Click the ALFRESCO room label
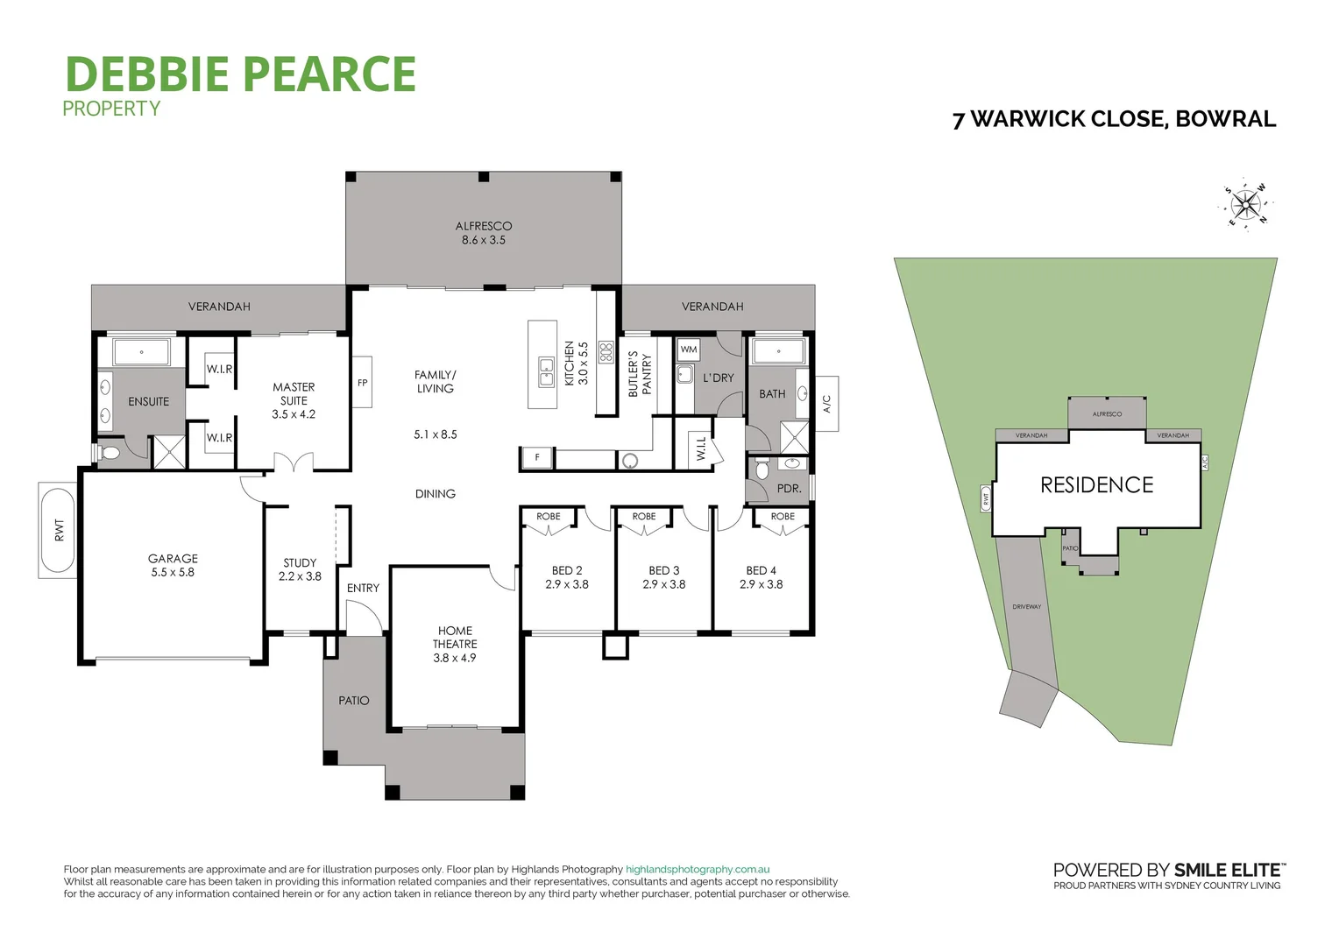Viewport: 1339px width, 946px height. tap(483, 232)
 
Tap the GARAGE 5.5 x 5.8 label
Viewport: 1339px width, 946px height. tap(173, 565)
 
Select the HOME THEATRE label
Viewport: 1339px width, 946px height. tap(455, 644)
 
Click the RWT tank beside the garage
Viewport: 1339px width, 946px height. tap(60, 530)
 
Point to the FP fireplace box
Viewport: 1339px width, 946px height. tap(362, 382)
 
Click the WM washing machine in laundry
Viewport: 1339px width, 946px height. tap(689, 349)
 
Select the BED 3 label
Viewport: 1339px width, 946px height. tap(663, 577)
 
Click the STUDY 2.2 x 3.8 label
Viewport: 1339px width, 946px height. tap(300, 569)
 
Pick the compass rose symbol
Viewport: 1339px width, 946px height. tap(1245, 206)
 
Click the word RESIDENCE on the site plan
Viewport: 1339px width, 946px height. tap(1096, 485)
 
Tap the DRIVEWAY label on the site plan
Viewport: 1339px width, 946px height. tap(1026, 606)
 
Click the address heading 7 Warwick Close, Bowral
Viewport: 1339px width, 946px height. tap(1114, 119)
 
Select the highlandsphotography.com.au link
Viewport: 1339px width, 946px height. tap(698, 870)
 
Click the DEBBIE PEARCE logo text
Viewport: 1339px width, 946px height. tap(240, 74)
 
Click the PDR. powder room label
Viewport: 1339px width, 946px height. tap(789, 488)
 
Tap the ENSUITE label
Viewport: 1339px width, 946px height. tap(148, 401)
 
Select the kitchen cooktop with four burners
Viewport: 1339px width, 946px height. tap(606, 352)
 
